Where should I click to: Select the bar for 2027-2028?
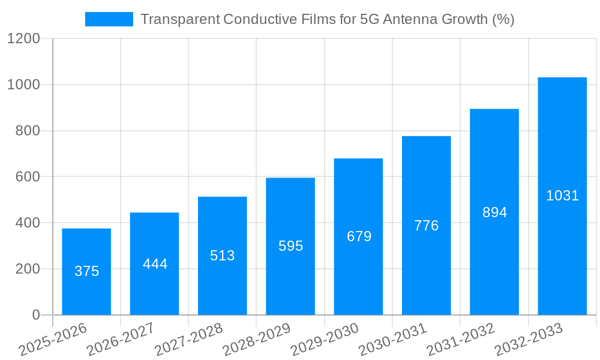tap(222, 255)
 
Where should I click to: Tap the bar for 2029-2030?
tap(358, 236)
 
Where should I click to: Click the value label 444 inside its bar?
tap(155, 264)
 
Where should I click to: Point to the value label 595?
tap(290, 246)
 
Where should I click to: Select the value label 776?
tap(427, 226)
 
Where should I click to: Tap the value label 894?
tap(494, 212)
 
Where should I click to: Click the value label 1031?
tap(562, 196)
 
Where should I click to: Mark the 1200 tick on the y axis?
tap(23, 39)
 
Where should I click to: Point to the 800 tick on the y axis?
tap(27, 131)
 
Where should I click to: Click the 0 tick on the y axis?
tap(35, 315)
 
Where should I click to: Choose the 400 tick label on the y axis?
tap(27, 223)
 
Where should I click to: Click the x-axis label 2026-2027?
tap(121, 340)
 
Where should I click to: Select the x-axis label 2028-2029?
tap(257, 340)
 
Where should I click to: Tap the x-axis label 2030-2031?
tap(393, 340)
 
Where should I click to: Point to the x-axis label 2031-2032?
tap(461, 340)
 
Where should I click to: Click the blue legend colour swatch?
tap(109, 19)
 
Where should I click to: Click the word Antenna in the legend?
tap(409, 19)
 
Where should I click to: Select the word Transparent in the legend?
tap(179, 19)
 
